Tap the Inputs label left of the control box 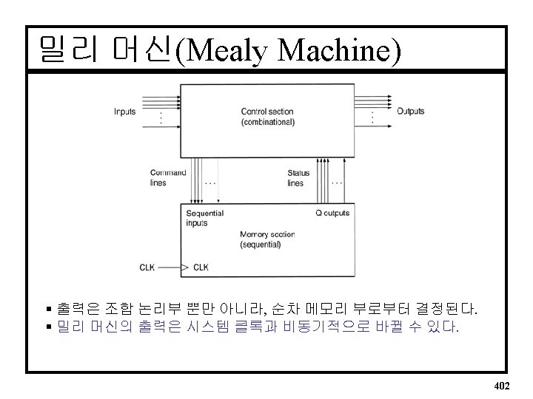point(124,112)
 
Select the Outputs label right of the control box point(411,112)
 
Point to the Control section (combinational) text point(267,117)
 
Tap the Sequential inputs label point(204,218)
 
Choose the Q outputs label point(332,214)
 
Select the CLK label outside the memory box point(147,267)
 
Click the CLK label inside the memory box point(201,267)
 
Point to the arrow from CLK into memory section point(170,267)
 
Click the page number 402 point(501,386)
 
